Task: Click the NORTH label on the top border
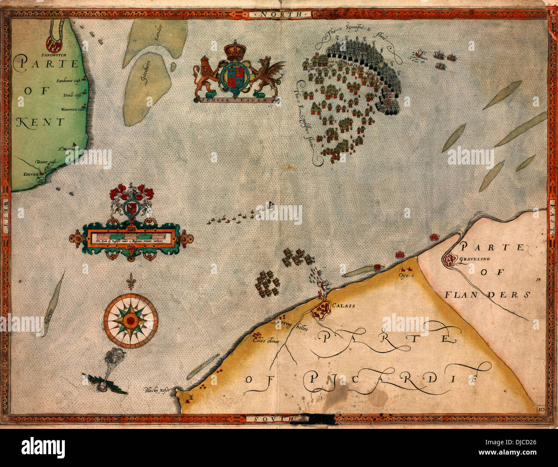click(279, 14)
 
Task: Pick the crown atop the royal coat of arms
click(234, 50)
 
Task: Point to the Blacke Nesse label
click(157, 390)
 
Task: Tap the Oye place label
click(405, 275)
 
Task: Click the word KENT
click(40, 122)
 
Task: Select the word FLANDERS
click(487, 295)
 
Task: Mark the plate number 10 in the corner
click(541, 409)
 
